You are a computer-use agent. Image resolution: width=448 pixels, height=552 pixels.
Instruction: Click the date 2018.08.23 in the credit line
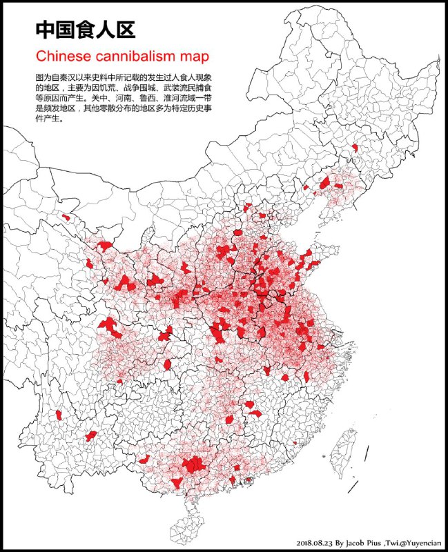(314, 542)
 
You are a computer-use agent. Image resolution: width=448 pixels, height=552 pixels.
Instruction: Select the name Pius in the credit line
(384, 542)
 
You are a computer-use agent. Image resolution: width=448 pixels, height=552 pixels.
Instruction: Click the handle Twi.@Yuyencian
(419, 542)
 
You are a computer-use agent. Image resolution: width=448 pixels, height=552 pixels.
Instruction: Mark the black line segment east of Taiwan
(366, 453)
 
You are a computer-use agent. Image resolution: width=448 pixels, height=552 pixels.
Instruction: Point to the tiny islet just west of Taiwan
(323, 455)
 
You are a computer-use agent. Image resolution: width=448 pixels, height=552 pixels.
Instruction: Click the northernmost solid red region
(355, 147)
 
